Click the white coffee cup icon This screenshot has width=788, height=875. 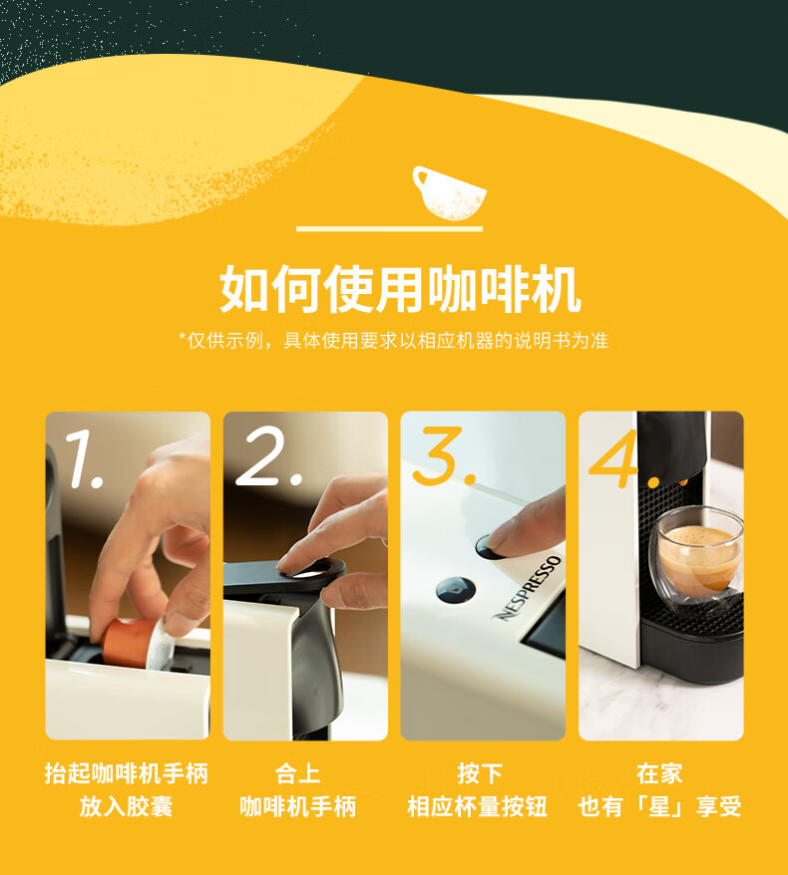(x=449, y=192)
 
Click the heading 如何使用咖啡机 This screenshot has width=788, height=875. (x=400, y=290)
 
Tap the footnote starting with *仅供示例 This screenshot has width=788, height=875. (x=394, y=341)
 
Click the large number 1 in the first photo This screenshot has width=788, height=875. (x=84, y=459)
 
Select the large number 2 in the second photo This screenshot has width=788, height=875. (x=268, y=455)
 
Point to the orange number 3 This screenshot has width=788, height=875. (x=444, y=455)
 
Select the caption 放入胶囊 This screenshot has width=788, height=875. (x=127, y=806)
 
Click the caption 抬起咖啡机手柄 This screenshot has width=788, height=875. (x=127, y=773)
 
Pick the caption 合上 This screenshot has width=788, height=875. (x=297, y=773)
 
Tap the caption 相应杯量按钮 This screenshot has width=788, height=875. (x=477, y=806)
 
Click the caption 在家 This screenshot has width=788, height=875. (x=659, y=773)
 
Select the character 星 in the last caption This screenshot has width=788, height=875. (x=659, y=806)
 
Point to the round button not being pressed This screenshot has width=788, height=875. (x=455, y=590)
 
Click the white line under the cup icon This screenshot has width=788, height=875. (x=389, y=229)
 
